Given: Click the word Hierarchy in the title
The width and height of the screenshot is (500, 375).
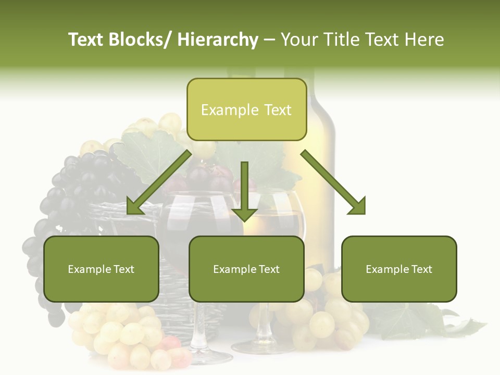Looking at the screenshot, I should (x=218, y=40).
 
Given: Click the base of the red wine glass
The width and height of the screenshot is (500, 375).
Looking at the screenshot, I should (x=208, y=357).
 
